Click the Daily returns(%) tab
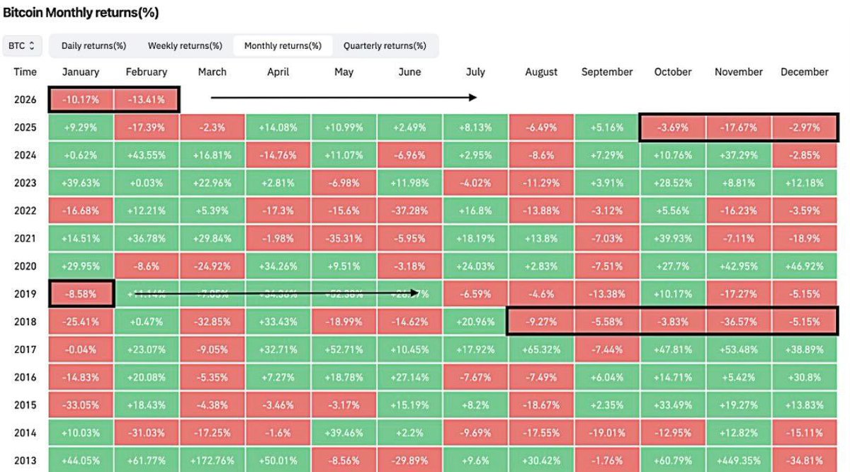[x=93, y=46]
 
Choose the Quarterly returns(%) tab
[x=385, y=46]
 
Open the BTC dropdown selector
[x=22, y=46]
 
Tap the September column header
[x=607, y=72]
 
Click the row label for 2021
[x=25, y=238]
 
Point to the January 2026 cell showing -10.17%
[x=81, y=100]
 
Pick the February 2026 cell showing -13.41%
[x=147, y=100]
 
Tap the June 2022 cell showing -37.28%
[x=410, y=210]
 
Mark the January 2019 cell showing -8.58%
[x=81, y=293]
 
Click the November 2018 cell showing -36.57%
[x=739, y=321]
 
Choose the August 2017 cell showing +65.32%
[x=542, y=349]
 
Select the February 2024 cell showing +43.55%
[x=147, y=155]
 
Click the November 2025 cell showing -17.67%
[x=739, y=128]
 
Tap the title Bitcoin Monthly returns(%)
[x=81, y=13]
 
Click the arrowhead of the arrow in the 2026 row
[x=473, y=98]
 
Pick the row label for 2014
[x=25, y=432]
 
